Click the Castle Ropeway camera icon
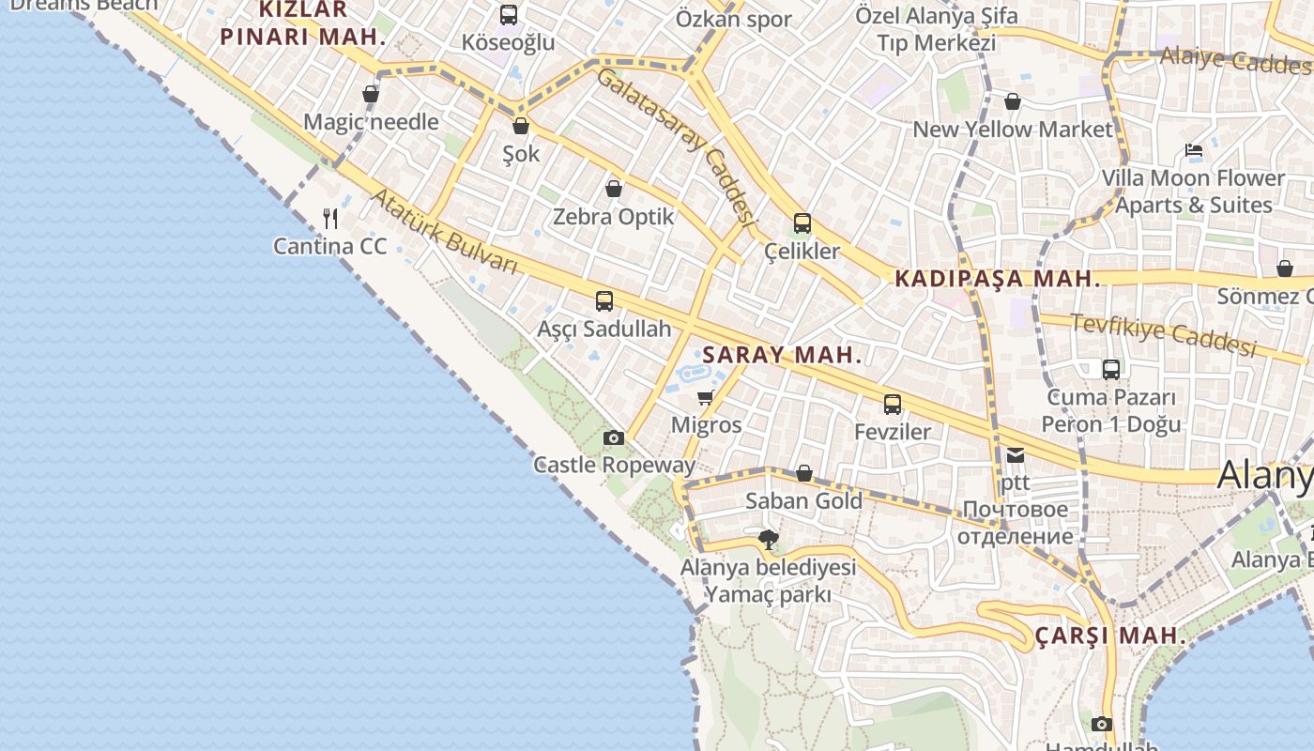(x=613, y=437)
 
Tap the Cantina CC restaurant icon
(x=330, y=219)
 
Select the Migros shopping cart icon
(x=706, y=397)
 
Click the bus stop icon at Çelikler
(x=802, y=223)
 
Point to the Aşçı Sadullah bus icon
(x=604, y=301)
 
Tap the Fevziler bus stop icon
(x=893, y=405)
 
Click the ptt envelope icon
(x=1016, y=455)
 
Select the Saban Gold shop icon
(x=804, y=473)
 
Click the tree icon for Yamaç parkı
(x=769, y=539)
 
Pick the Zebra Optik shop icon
(x=614, y=189)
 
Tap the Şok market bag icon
(x=521, y=126)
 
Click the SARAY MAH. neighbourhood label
(x=782, y=355)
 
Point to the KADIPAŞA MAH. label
(x=997, y=279)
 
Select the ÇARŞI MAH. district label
(x=1110, y=636)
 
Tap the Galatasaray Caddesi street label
(x=676, y=146)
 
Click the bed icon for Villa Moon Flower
(x=1194, y=150)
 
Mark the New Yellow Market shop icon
(x=1013, y=101)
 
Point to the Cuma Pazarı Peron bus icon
(x=1111, y=369)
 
